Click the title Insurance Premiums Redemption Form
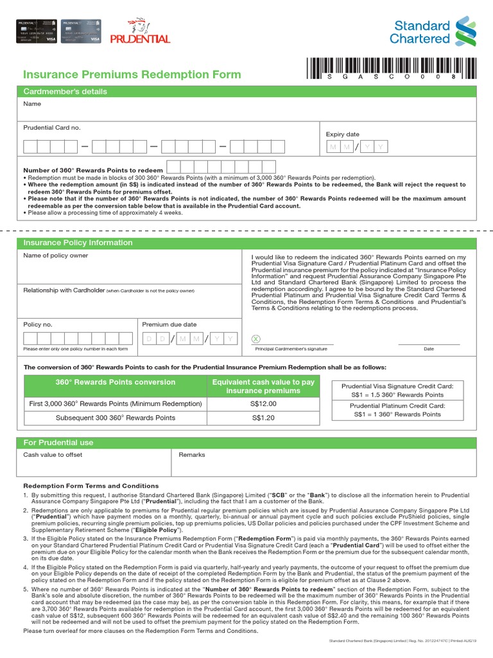point(132,74)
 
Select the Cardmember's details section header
point(65,92)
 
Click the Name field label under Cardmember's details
point(32,103)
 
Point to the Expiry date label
point(343,134)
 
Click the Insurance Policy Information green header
point(78,243)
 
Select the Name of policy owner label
point(56,256)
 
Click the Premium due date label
point(169,325)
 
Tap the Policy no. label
point(38,325)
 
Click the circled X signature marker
point(257,339)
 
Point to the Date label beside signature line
point(429,349)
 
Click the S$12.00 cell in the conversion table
point(264,404)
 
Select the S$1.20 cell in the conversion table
point(264,418)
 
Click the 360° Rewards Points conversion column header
point(116,382)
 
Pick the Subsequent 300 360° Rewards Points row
point(116,418)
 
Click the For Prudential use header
point(58,443)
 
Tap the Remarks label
point(192,454)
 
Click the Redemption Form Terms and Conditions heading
point(91,486)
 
